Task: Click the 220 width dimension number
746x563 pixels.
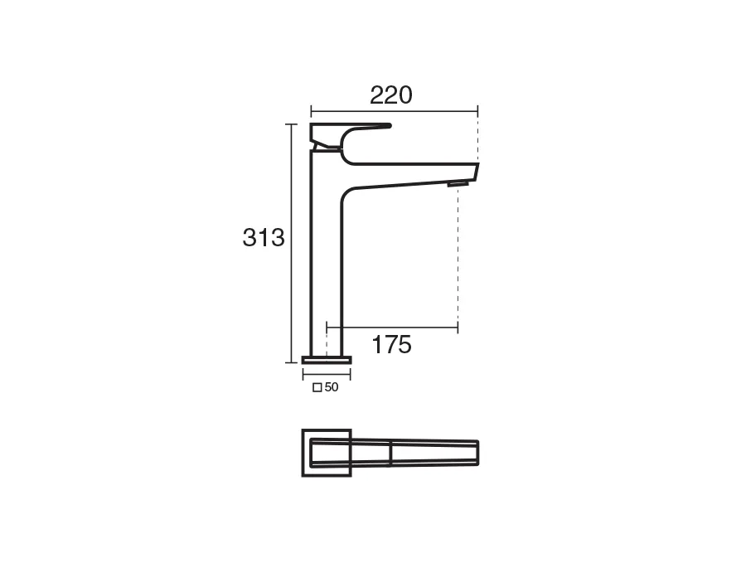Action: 391,95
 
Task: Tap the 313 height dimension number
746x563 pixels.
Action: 264,237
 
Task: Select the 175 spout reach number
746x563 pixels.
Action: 391,345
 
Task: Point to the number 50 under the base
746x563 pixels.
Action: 332,387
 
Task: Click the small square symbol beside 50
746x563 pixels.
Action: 317,388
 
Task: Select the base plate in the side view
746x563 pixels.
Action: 327,359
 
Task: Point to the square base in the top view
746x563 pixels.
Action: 303,453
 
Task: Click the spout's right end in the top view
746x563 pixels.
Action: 477,453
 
